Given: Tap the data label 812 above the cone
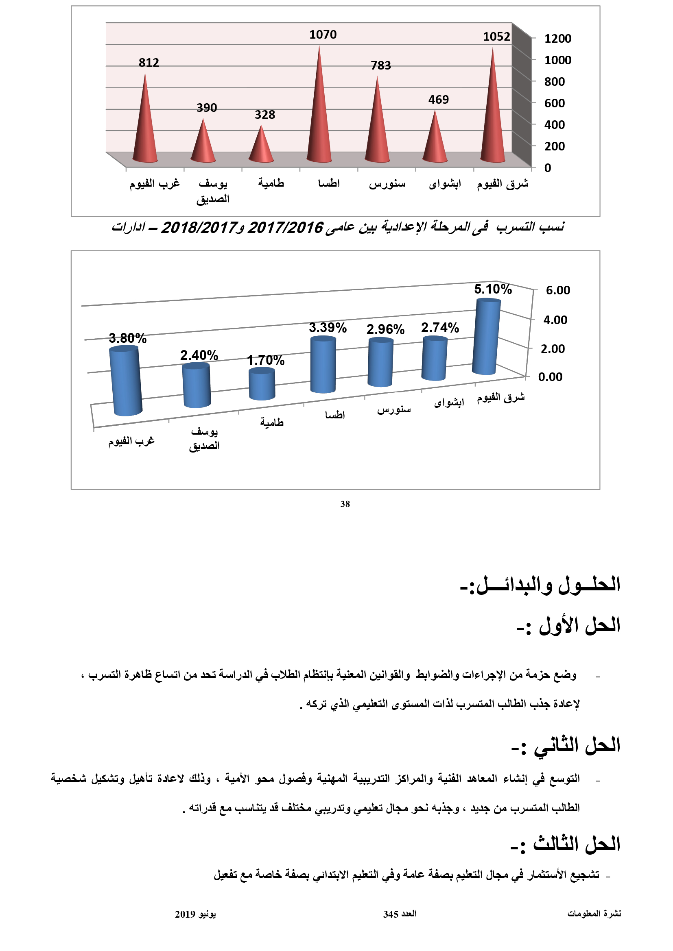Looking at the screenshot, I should click(x=149, y=63).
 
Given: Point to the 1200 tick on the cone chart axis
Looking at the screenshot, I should click(x=557, y=39).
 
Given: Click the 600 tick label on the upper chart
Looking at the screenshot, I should click(x=555, y=103).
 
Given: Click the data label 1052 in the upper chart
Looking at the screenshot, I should click(x=496, y=37).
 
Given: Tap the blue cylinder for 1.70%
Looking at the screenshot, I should click(x=262, y=384).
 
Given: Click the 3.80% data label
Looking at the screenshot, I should click(x=128, y=338).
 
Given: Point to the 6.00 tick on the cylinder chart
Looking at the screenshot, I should click(x=558, y=290).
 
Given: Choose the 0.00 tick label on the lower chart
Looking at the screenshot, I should click(x=550, y=377).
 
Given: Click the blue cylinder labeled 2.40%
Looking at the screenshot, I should click(x=197, y=385).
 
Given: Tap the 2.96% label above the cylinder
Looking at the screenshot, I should click(x=385, y=329).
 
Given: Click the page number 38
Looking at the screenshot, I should click(x=345, y=504).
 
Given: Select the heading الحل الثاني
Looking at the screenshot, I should click(x=566, y=745).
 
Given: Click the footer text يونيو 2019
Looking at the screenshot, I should click(x=195, y=914).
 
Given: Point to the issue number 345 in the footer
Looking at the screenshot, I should click(x=390, y=914).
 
